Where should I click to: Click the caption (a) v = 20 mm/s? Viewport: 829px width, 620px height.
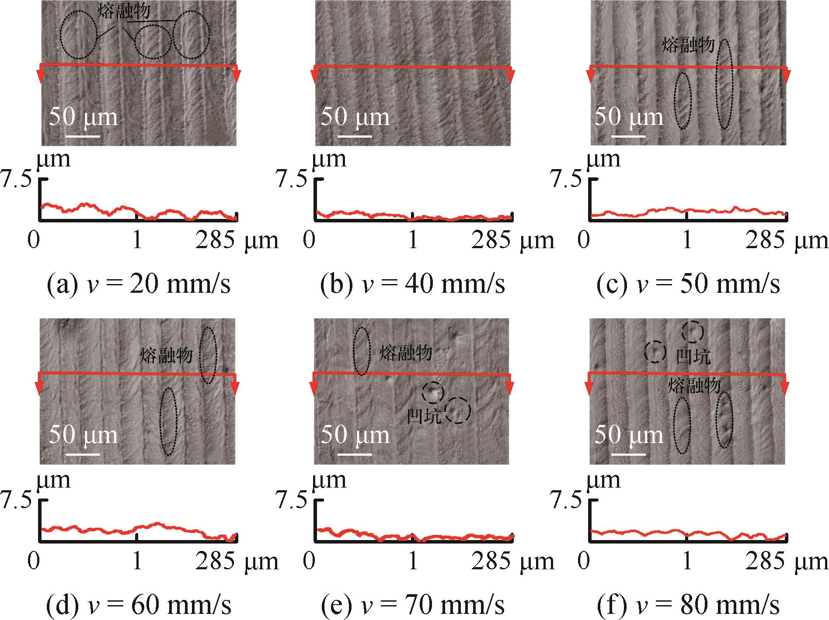(x=138, y=284)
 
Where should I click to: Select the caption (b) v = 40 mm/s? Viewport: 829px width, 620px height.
(x=412, y=284)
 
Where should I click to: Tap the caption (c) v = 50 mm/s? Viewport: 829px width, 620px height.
(x=688, y=284)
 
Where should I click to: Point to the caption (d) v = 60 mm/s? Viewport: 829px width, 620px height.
(x=138, y=605)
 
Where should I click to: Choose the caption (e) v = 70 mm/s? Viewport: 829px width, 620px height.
(x=412, y=605)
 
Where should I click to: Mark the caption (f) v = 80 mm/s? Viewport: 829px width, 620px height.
(x=688, y=605)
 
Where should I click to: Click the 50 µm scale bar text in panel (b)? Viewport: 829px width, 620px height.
(x=355, y=117)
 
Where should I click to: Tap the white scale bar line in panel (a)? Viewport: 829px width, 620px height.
(x=83, y=136)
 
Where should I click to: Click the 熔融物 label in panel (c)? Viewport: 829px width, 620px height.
(x=688, y=45)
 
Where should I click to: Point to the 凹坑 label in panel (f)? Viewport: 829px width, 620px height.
(x=693, y=357)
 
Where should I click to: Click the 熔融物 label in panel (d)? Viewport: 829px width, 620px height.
(x=166, y=355)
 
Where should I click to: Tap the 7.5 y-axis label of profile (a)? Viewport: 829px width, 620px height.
(x=17, y=180)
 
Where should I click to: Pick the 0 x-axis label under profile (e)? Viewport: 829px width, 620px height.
(x=309, y=561)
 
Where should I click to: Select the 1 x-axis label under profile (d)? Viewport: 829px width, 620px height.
(x=137, y=561)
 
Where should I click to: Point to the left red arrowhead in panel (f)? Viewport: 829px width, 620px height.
(x=589, y=388)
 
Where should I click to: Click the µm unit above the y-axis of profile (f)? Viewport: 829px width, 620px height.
(x=603, y=480)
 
